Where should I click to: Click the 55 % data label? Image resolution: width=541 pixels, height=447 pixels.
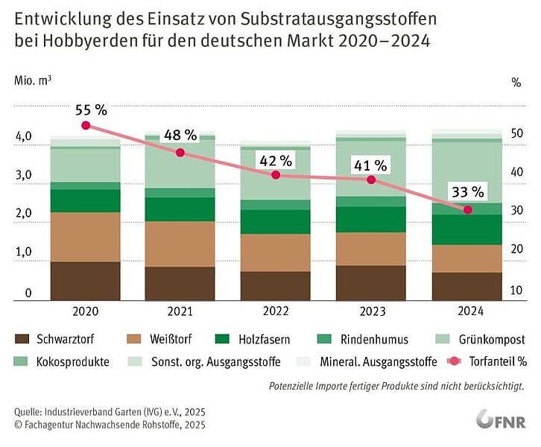click(x=91, y=110)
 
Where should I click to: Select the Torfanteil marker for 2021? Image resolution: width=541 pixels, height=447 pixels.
click(x=180, y=153)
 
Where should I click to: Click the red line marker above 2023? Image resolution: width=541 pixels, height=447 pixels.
click(x=371, y=180)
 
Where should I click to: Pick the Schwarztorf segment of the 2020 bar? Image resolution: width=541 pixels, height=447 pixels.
click(x=85, y=280)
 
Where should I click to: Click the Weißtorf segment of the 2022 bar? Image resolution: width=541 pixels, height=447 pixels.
click(x=275, y=253)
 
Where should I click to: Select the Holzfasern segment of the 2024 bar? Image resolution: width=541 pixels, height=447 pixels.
click(x=466, y=229)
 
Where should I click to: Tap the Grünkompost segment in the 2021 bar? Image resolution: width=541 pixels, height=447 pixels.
click(x=180, y=164)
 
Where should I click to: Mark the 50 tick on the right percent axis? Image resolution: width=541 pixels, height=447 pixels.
click(x=515, y=133)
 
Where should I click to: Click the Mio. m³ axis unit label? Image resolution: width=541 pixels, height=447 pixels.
click(x=33, y=80)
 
